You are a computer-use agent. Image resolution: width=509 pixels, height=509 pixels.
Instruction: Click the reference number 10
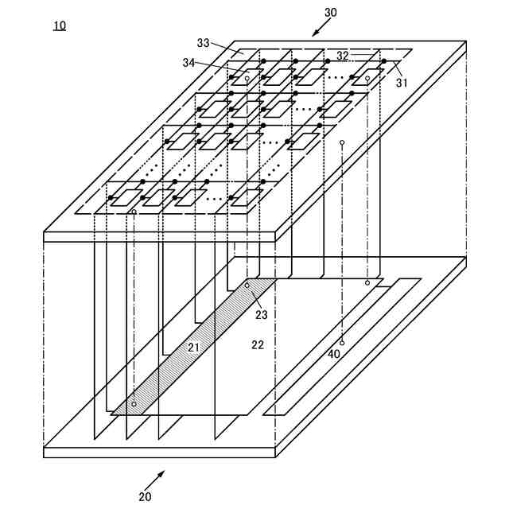tap(60, 25)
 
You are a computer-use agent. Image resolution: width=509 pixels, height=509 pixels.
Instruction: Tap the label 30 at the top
tap(330, 13)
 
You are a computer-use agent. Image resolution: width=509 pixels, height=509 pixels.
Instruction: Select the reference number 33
tap(204, 43)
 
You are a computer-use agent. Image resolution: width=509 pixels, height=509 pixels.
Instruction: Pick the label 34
tap(188, 62)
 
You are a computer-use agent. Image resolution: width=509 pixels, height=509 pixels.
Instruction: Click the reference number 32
tap(342, 56)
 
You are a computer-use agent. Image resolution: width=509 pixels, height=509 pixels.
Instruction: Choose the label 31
tap(402, 81)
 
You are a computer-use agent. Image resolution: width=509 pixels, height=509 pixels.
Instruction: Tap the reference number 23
tap(262, 314)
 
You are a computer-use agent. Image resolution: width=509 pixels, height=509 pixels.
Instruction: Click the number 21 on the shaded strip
tap(193, 347)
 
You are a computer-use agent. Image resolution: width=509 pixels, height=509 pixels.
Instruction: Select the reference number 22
tap(257, 344)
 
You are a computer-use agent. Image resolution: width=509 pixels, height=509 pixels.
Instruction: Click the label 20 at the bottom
tap(145, 497)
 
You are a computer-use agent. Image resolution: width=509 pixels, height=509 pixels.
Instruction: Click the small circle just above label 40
tap(342, 342)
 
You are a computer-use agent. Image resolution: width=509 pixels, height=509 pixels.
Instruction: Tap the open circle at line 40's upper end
tap(342, 142)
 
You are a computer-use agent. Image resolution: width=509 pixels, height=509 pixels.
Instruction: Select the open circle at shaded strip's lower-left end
tap(134, 405)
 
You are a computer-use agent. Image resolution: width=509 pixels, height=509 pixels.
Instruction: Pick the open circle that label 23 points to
tap(247, 284)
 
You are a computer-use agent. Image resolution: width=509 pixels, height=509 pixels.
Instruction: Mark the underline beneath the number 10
tap(60, 32)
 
